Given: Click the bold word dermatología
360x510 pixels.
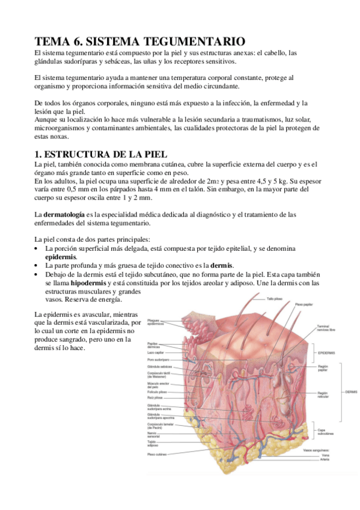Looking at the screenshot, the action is coord(63,215).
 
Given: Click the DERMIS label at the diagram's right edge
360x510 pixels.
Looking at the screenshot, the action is coord(350,392).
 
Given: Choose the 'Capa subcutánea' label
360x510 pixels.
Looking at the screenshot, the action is coord(326,431).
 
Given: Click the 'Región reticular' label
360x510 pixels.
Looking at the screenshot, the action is coord(322,394).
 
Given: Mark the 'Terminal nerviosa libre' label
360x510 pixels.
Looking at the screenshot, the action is coord(327,328).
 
